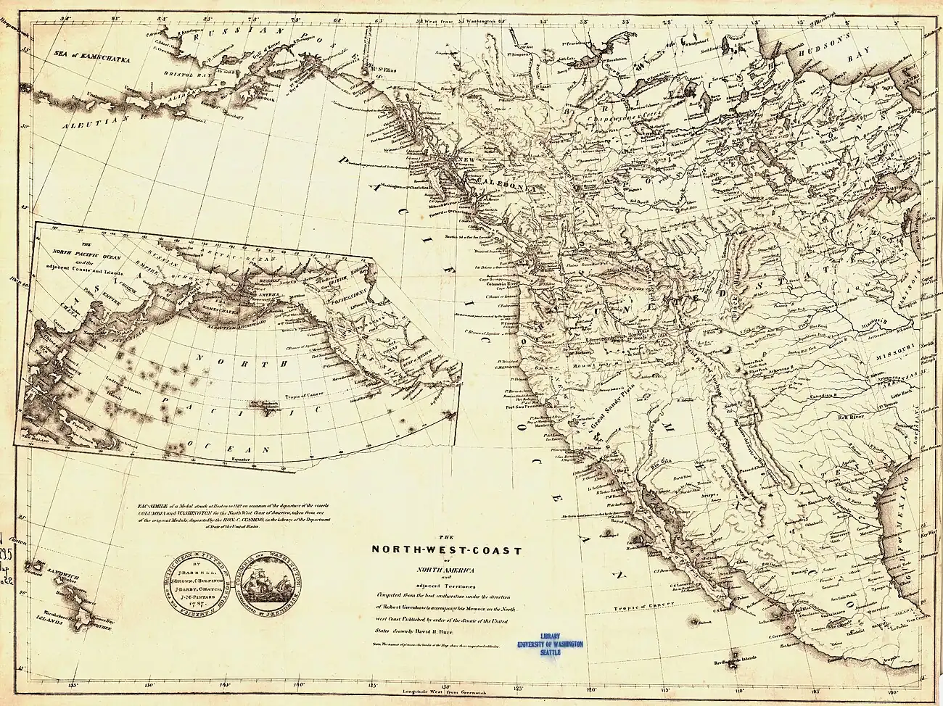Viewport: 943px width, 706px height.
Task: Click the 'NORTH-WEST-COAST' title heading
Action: pos(446,549)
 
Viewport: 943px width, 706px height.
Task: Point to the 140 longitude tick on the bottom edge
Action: pos(298,683)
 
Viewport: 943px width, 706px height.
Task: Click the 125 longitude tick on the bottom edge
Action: pos(518,683)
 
